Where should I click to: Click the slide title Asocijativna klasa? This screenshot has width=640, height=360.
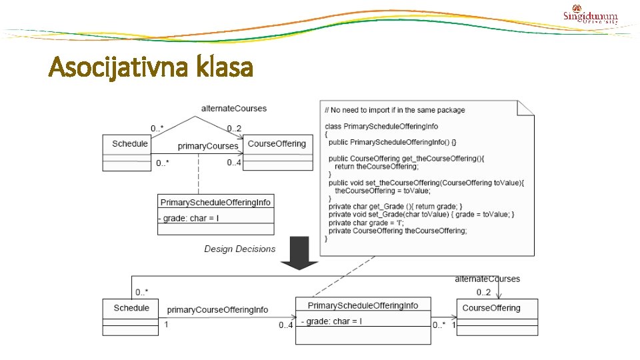click(151, 67)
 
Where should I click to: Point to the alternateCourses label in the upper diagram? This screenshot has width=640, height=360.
click(233, 108)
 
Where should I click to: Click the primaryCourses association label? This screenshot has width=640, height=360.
click(207, 146)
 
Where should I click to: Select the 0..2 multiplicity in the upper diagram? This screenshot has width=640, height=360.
click(234, 128)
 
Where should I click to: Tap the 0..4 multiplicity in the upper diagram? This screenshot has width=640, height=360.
click(234, 163)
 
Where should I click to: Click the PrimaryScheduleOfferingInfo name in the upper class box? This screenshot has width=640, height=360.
click(215, 202)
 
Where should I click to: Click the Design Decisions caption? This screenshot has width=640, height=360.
click(239, 249)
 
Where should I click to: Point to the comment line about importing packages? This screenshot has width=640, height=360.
click(395, 110)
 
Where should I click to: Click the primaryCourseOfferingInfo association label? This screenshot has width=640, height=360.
click(217, 310)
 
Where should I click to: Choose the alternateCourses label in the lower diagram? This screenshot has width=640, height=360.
click(487, 279)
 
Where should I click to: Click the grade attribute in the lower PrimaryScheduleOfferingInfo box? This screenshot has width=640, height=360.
click(331, 321)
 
